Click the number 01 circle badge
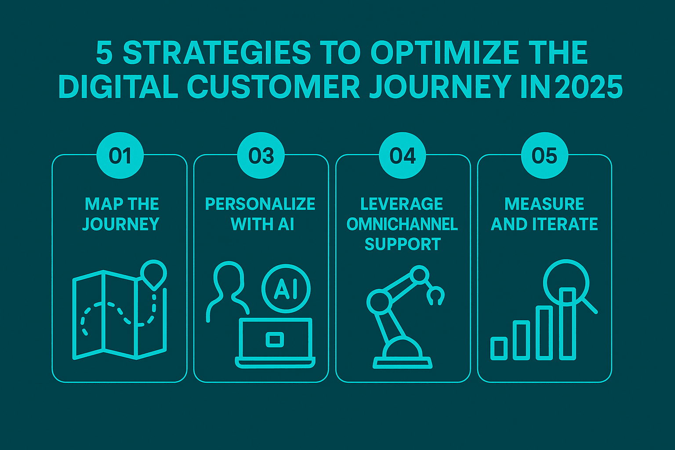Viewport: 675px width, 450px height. [x=120, y=156]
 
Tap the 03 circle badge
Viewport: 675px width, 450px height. [x=261, y=156]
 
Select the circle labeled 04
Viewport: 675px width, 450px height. [x=402, y=156]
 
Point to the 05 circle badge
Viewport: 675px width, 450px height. [x=544, y=156]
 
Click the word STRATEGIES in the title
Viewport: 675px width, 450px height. [x=217, y=53]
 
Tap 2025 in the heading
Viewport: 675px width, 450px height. [x=588, y=87]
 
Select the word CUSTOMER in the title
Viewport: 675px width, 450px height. [x=274, y=87]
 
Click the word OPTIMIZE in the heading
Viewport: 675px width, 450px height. [x=444, y=53]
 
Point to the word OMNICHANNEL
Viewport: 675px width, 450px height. [x=402, y=224]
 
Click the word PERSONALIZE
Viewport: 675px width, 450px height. [x=260, y=204]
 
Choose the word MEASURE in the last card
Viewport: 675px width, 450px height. [x=544, y=204]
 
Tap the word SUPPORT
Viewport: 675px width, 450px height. [x=403, y=244]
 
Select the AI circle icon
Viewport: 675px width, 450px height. [x=286, y=289]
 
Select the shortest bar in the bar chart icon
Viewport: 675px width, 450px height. [x=499, y=348]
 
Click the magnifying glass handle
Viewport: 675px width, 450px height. [x=589, y=306]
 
